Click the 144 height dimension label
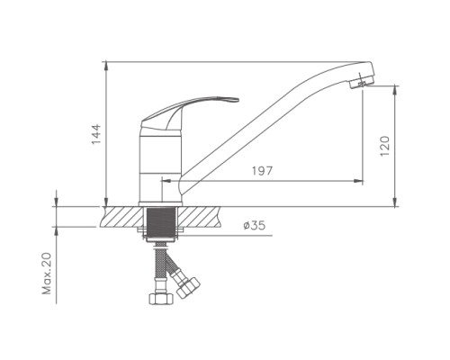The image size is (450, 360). (96, 134)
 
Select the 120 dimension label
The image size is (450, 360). (384, 146)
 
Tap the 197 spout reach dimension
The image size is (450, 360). (262, 171)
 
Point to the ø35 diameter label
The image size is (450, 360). (255, 225)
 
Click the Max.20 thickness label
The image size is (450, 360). (47, 274)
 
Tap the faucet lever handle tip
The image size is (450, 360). (237, 100)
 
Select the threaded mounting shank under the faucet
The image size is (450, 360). (161, 223)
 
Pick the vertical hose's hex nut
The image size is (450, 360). (161, 299)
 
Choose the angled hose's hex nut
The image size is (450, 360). (188, 287)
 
